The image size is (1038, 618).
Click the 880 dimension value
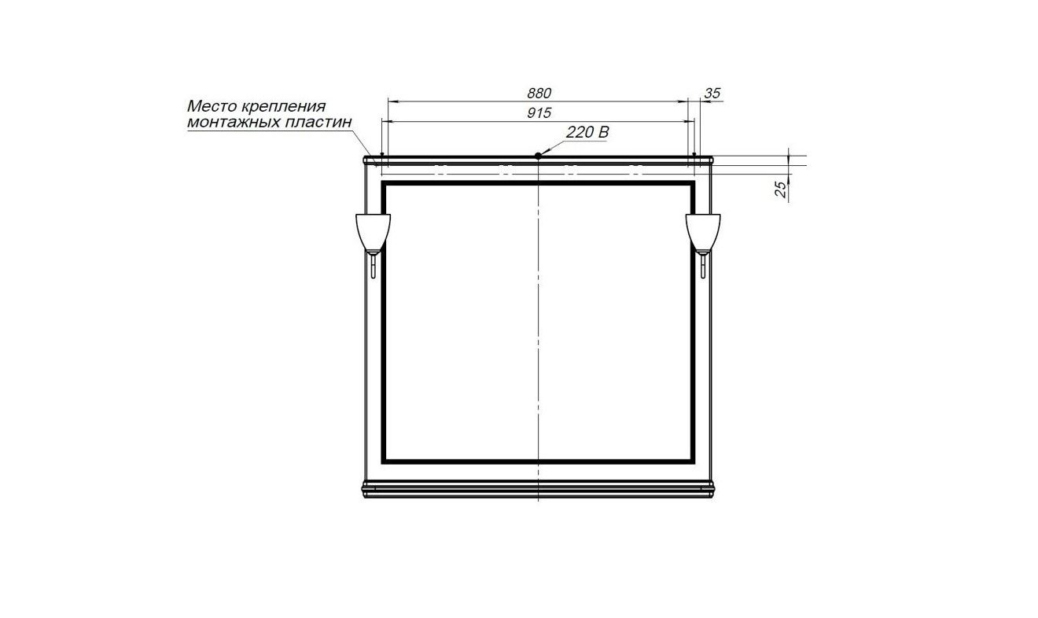pos(539,94)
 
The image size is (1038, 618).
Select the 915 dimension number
pos(539,113)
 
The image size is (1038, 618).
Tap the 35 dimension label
pos(712,94)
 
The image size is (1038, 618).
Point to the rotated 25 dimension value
pos(781,189)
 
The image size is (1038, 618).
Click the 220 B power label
pos(587,133)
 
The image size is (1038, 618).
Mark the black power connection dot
pos(538,156)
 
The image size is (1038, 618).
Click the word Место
pos(212,106)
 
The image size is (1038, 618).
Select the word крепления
pos(284,108)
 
